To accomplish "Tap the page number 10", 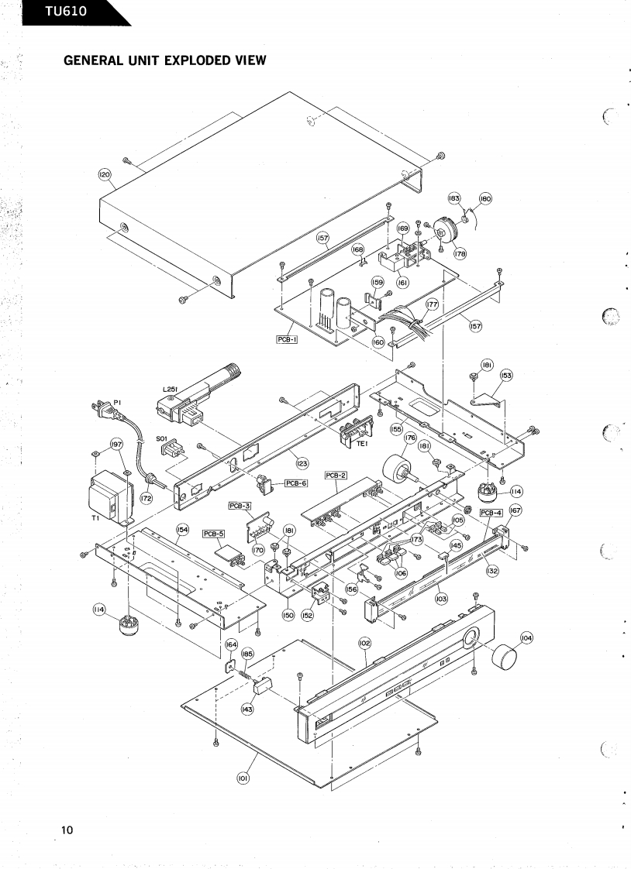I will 67,830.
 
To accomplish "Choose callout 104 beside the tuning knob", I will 526,637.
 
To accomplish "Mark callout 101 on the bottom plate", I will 242,777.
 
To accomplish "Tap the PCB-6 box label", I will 296,483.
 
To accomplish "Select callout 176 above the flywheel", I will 410,438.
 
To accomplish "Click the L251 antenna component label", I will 171,390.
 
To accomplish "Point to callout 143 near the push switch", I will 247,709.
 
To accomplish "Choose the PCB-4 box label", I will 491,513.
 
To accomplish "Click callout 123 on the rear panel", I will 302,464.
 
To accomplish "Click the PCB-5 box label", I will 213,534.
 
